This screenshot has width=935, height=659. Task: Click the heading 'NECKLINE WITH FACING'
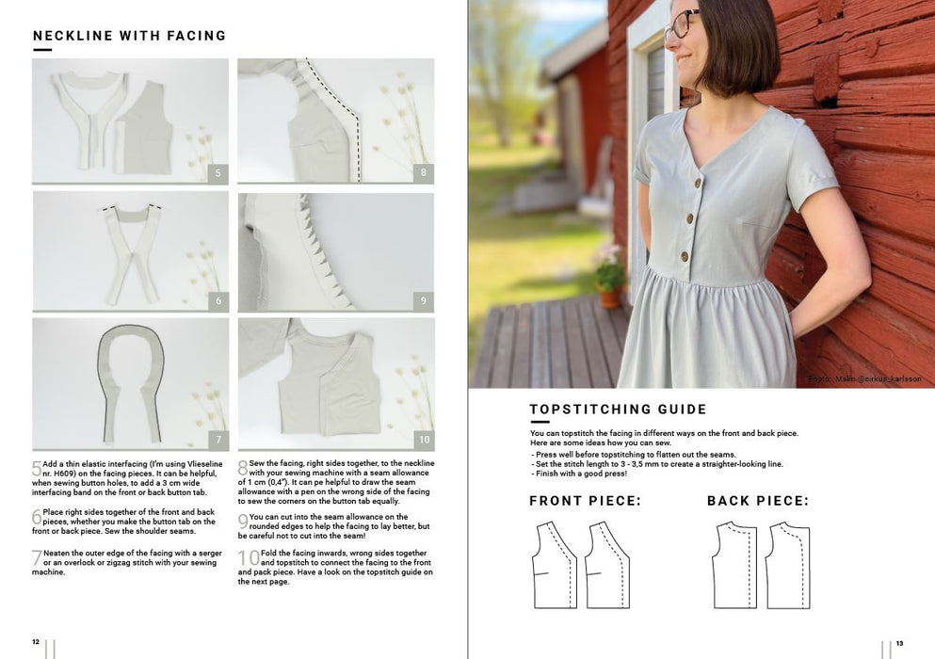click(x=129, y=36)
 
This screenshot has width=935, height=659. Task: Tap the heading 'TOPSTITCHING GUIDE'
click(x=618, y=410)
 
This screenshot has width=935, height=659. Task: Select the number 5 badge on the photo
click(x=218, y=173)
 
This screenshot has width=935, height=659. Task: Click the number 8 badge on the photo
click(x=424, y=173)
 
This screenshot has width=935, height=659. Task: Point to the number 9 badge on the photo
click(x=424, y=300)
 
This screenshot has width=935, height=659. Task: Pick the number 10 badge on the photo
click(x=424, y=440)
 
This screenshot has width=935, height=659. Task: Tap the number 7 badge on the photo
click(x=218, y=440)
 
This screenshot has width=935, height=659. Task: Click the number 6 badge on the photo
click(x=218, y=300)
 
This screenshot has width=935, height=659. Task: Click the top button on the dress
click(x=698, y=183)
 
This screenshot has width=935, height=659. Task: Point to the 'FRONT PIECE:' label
click(x=585, y=501)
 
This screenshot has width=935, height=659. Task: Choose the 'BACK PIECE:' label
click(x=758, y=501)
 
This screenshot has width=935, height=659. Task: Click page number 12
click(x=36, y=642)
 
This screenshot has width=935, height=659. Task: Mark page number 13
click(x=899, y=643)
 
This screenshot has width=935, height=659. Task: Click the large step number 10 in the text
click(x=249, y=557)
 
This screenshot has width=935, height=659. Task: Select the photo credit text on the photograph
click(x=864, y=378)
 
